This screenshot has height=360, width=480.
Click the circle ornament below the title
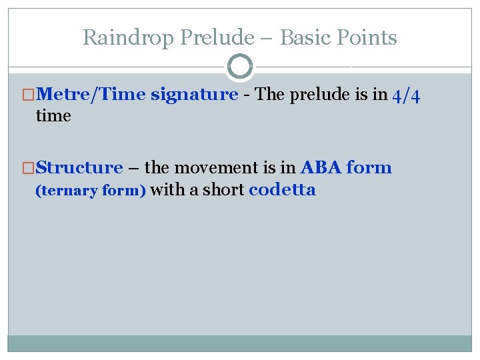(240, 67)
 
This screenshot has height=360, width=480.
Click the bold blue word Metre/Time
(92, 95)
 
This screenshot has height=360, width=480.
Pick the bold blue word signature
(194, 95)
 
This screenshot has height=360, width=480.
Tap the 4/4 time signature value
(406, 95)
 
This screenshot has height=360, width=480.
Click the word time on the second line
(53, 116)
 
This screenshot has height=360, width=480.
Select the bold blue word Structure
(79, 167)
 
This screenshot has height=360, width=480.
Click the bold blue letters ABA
(321, 167)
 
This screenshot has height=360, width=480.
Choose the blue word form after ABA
(369, 167)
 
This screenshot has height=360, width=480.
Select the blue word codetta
(282, 190)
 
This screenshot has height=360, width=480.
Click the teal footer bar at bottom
(240, 343)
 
